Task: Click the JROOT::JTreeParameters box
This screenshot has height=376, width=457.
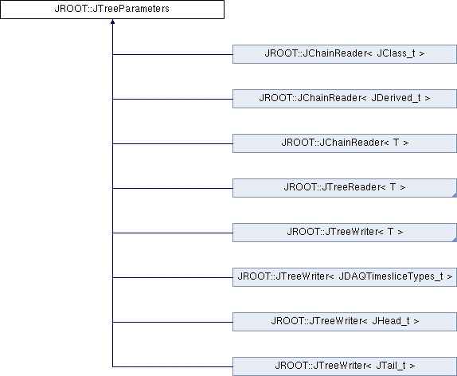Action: click(112, 10)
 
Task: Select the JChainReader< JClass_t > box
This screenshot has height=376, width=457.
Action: click(345, 54)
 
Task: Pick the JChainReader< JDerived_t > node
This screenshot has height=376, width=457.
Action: click(345, 99)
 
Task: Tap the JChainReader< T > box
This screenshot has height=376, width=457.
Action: click(345, 143)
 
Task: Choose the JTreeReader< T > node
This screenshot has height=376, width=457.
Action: click(345, 188)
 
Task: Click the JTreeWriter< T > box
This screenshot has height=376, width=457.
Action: click(345, 233)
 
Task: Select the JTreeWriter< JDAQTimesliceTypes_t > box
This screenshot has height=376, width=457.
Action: click(345, 277)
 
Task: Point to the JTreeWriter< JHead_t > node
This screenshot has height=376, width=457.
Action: click(345, 322)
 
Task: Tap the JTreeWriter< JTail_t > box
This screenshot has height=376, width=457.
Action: click(345, 366)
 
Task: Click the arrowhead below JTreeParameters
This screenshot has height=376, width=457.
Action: click(112, 22)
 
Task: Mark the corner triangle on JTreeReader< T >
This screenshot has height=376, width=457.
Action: click(455, 195)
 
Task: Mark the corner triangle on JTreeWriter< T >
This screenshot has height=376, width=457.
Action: click(455, 240)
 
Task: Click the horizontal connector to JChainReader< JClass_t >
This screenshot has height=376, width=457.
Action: click(173, 54)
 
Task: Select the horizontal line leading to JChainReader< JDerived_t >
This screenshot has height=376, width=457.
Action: click(173, 99)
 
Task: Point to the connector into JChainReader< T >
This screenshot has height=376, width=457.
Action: click(173, 143)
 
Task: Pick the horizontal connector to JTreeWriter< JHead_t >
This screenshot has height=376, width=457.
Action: click(173, 322)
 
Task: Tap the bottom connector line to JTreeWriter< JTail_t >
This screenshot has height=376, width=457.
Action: click(173, 366)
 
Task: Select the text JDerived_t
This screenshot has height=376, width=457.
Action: click(396, 98)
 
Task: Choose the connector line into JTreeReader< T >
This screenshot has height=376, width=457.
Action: click(173, 188)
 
